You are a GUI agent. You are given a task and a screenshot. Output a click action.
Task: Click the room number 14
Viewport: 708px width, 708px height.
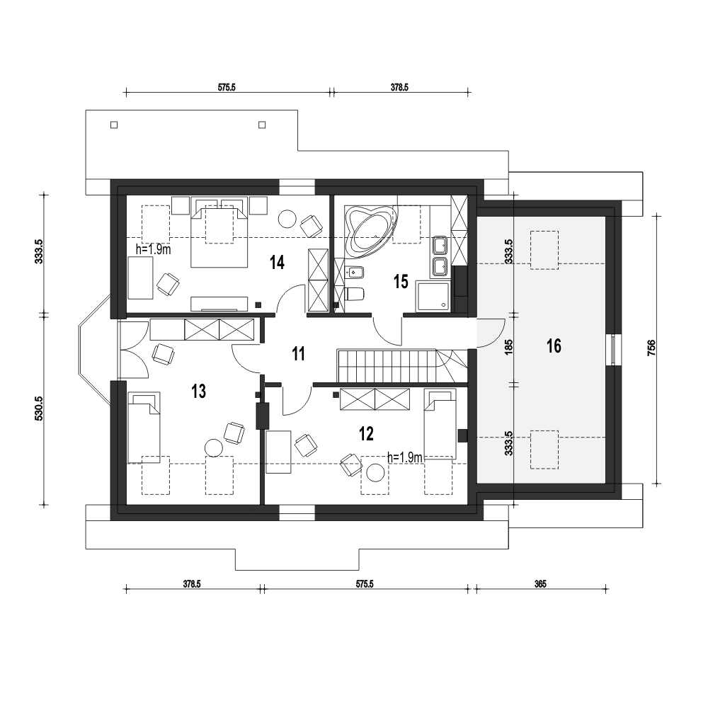(277, 263)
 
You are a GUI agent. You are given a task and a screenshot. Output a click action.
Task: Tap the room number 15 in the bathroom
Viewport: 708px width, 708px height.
(401, 282)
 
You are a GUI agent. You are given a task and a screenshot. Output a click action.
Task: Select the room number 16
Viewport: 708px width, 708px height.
(554, 346)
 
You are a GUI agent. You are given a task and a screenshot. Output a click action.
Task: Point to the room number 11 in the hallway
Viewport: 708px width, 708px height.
(299, 354)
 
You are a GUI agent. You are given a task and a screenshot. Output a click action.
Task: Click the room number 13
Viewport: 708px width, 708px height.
(199, 392)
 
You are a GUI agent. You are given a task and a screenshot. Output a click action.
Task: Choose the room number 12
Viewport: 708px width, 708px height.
(366, 434)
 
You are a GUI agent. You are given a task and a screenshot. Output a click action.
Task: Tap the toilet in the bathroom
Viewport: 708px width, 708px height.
(355, 295)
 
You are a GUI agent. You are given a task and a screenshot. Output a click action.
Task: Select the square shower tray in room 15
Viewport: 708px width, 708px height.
(433, 296)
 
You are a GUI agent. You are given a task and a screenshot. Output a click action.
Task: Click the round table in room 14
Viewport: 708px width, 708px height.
(287, 219)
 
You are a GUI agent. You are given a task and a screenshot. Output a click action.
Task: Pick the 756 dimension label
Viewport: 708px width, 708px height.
(651, 348)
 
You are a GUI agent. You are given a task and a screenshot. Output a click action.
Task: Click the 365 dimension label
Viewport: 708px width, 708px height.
(540, 584)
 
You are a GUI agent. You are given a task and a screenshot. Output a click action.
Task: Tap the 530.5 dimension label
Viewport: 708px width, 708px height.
(38, 409)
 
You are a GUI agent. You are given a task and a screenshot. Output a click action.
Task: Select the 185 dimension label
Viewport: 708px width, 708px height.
(509, 347)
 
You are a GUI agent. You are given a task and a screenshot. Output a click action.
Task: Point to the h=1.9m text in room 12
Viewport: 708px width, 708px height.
(404, 457)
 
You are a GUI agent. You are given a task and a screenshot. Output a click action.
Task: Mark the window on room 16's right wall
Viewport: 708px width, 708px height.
(612, 350)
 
